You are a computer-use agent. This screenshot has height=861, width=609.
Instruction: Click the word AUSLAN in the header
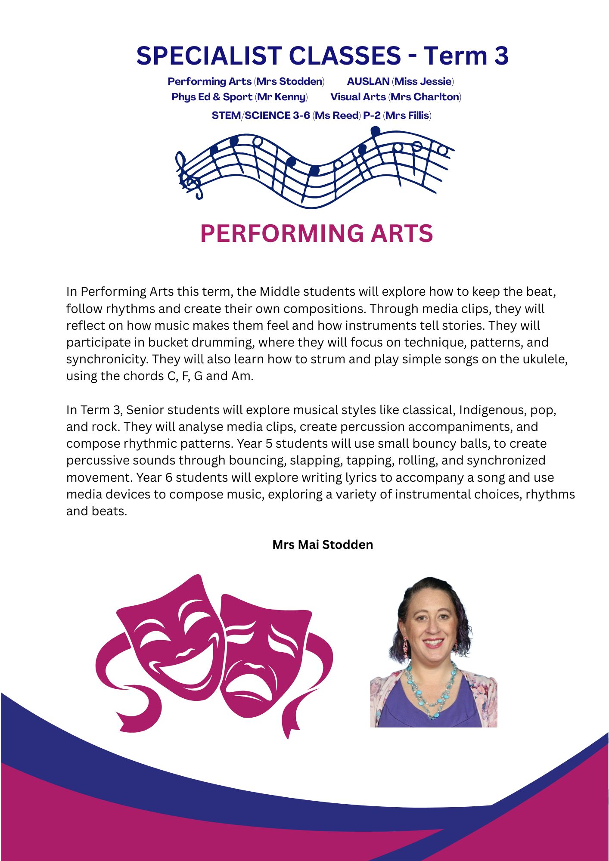pos(368,81)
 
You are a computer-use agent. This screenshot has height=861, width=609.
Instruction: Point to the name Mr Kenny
pos(281,97)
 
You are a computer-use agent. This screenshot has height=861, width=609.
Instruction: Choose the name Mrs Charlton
pos(425,97)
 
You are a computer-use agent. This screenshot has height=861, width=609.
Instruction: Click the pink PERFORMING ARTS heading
pos(317,234)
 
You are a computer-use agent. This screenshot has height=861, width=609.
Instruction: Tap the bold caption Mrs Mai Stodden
pos(323,545)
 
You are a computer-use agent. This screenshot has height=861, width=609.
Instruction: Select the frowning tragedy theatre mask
pos(267,659)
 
